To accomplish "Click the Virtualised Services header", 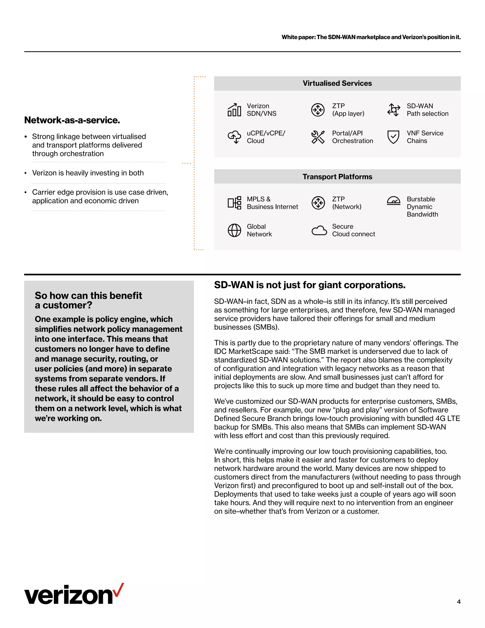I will click(x=337, y=83).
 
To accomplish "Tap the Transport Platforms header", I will click(x=337, y=177).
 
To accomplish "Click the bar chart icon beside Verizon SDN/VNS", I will click(x=234, y=110).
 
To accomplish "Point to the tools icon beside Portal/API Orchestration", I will click(x=318, y=137).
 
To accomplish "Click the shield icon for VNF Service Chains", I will click(x=393, y=137).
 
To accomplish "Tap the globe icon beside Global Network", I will click(x=234, y=230).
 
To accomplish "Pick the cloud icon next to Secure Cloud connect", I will click(x=319, y=231).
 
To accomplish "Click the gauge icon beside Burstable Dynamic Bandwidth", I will click(x=393, y=201).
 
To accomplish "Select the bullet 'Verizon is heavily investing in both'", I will click(x=88, y=173).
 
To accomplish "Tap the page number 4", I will click(x=458, y=601).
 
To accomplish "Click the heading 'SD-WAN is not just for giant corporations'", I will click(x=310, y=285).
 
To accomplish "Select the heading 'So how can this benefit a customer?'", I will click(x=88, y=300).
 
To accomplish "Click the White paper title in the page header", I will click(x=371, y=37).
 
